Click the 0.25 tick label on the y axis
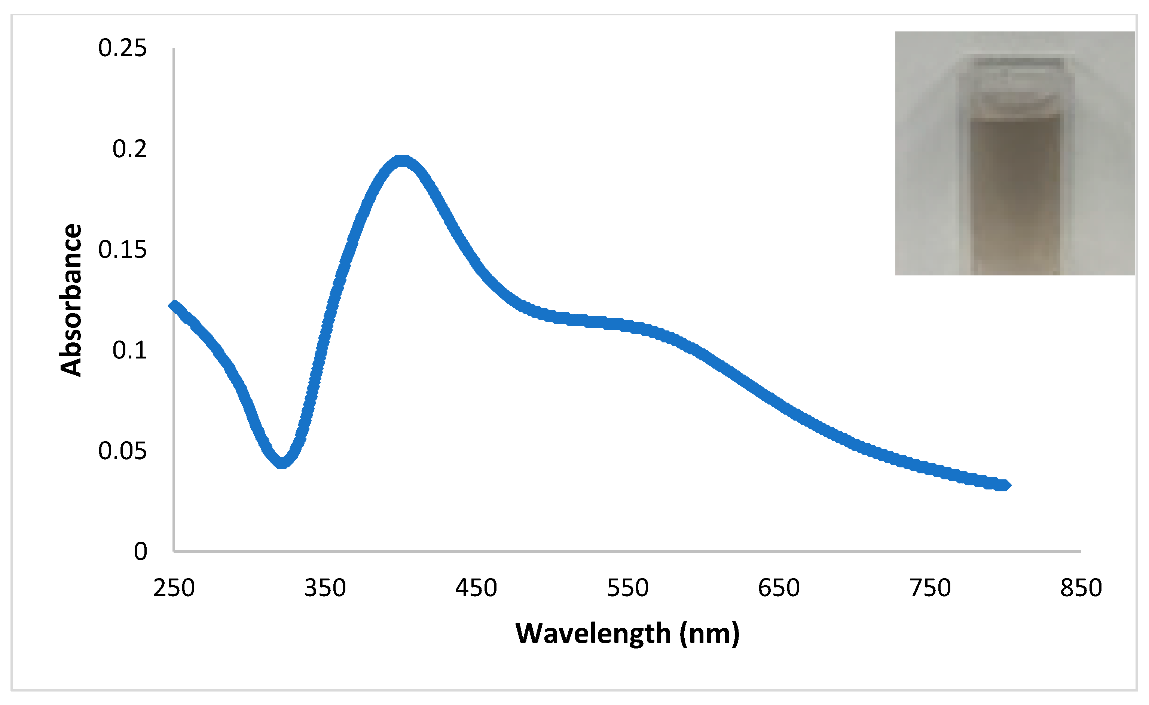(122, 49)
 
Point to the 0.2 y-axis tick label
(129, 149)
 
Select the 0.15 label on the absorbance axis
(122, 250)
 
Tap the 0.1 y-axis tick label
(129, 351)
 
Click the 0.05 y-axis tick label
(122, 451)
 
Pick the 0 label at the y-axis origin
(140, 552)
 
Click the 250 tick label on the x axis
(174, 588)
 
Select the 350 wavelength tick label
(325, 588)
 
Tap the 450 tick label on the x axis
(476, 588)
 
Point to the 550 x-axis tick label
(628, 588)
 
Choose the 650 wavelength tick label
(779, 588)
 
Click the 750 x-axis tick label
(930, 588)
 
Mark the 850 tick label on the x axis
(1081, 588)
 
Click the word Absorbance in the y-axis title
(71, 300)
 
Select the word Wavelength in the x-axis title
(593, 634)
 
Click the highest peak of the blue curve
(402, 161)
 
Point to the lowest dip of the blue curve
(282, 463)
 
